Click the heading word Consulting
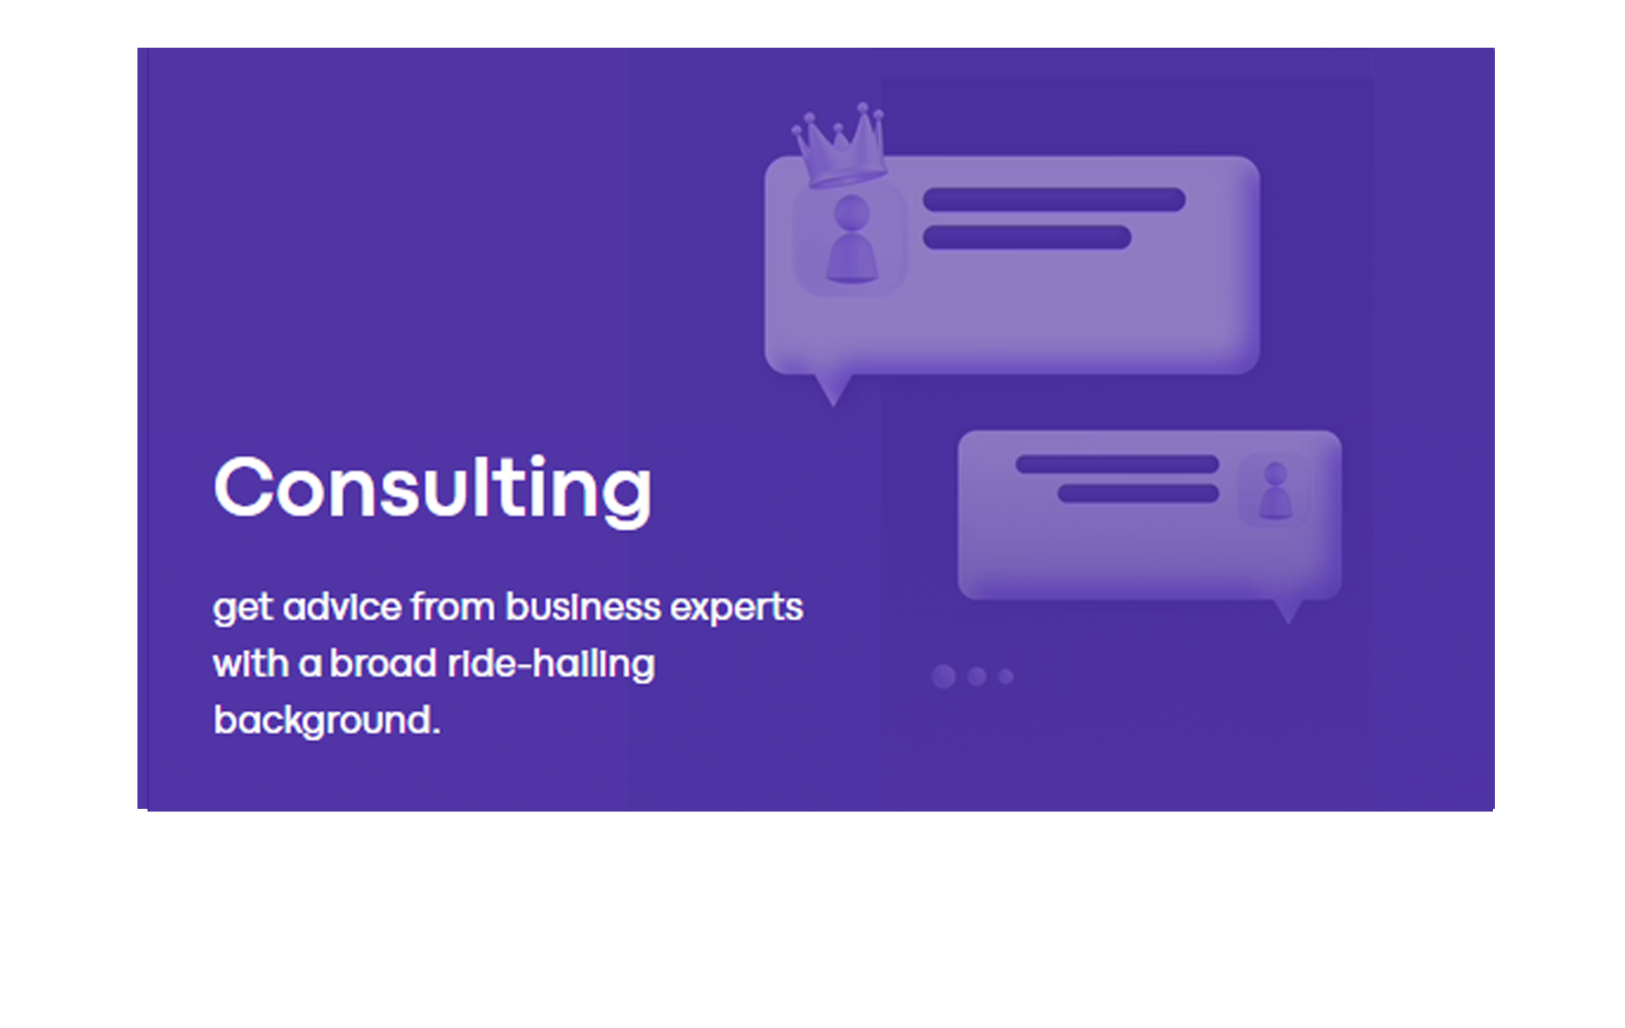coord(433,489)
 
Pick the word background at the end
coord(326,721)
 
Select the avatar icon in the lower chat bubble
coord(1275,491)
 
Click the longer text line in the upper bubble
coord(1054,200)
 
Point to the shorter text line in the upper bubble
coord(1027,238)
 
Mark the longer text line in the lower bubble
coord(1117,464)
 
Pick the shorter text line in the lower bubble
coord(1138,493)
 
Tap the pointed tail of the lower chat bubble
coord(1289,612)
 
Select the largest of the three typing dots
coord(944,677)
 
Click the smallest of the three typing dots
coord(1006,677)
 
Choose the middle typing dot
coord(977,677)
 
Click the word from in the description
coord(453,607)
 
